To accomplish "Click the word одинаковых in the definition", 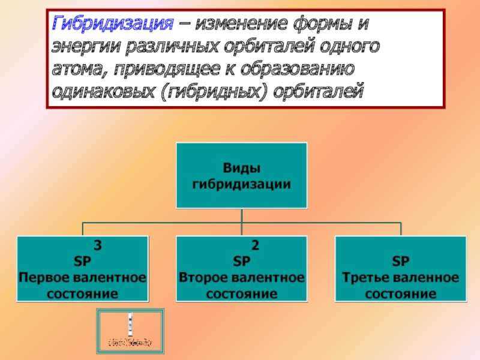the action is (102, 91).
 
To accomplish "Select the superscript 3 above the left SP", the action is (98, 246).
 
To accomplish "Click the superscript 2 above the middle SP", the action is (255, 246).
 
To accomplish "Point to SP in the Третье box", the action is (400, 262).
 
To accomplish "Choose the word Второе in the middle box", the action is (202, 278).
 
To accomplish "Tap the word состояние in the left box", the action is (82, 293).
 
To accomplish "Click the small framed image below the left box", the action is (130, 332).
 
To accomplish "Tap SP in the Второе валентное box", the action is (241, 262).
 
